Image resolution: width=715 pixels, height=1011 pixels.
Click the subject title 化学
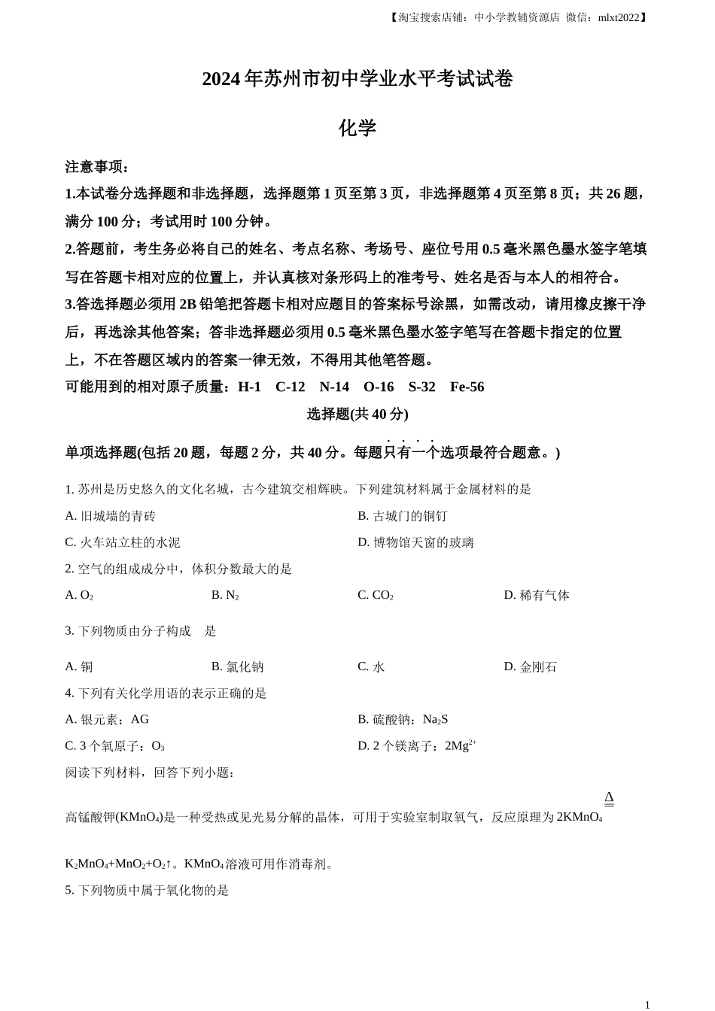(357, 128)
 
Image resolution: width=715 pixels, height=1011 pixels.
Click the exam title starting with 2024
(357, 79)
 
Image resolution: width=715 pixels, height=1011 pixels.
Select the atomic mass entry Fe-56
(467, 387)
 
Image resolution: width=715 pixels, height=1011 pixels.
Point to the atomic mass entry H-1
(249, 387)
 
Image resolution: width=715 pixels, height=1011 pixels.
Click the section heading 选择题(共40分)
(357, 414)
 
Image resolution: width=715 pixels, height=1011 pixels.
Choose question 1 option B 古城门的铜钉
(403, 516)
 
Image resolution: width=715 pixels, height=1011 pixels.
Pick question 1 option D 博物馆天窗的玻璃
(415, 542)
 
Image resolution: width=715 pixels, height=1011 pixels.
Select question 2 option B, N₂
(225, 595)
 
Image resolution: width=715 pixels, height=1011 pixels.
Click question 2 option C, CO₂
(376, 595)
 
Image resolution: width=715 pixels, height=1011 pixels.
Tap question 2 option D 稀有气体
(537, 595)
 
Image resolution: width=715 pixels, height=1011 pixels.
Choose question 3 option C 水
(371, 666)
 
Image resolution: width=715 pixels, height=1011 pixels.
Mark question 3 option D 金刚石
(531, 666)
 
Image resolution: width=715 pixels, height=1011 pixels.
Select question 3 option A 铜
(79, 666)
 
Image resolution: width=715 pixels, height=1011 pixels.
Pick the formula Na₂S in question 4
(435, 719)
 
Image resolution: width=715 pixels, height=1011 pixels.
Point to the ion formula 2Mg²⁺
(460, 745)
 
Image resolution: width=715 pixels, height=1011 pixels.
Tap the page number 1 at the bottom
(647, 1004)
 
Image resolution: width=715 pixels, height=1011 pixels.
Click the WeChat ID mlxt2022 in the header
(618, 17)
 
